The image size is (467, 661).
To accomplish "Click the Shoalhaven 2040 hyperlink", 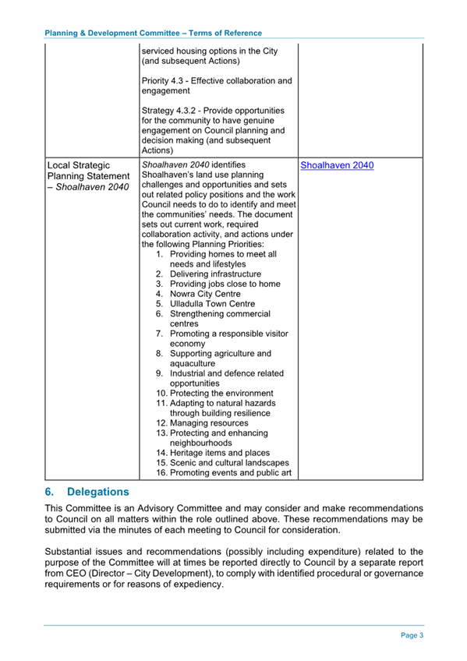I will [x=337, y=166].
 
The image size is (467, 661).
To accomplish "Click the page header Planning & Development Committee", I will [x=153, y=33].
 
